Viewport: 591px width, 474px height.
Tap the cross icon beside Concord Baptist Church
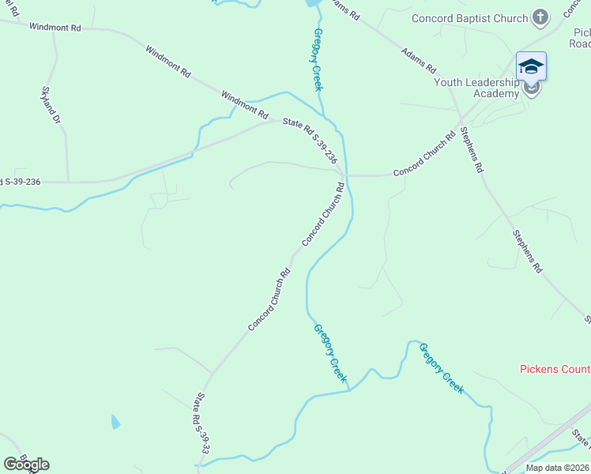[540, 17]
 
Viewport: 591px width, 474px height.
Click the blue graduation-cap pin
[531, 66]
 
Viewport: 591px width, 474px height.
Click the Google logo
[26, 464]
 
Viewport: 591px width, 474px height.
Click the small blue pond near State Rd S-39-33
[116, 422]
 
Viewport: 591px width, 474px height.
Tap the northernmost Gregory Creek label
[318, 60]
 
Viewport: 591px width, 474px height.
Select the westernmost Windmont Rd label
[55, 28]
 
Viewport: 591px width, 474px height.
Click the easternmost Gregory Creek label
[441, 368]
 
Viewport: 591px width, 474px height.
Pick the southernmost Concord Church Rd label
[269, 300]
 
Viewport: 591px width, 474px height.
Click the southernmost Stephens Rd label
[527, 252]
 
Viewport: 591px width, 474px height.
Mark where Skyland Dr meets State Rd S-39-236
[67, 182]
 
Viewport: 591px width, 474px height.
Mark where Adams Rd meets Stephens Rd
[461, 120]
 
